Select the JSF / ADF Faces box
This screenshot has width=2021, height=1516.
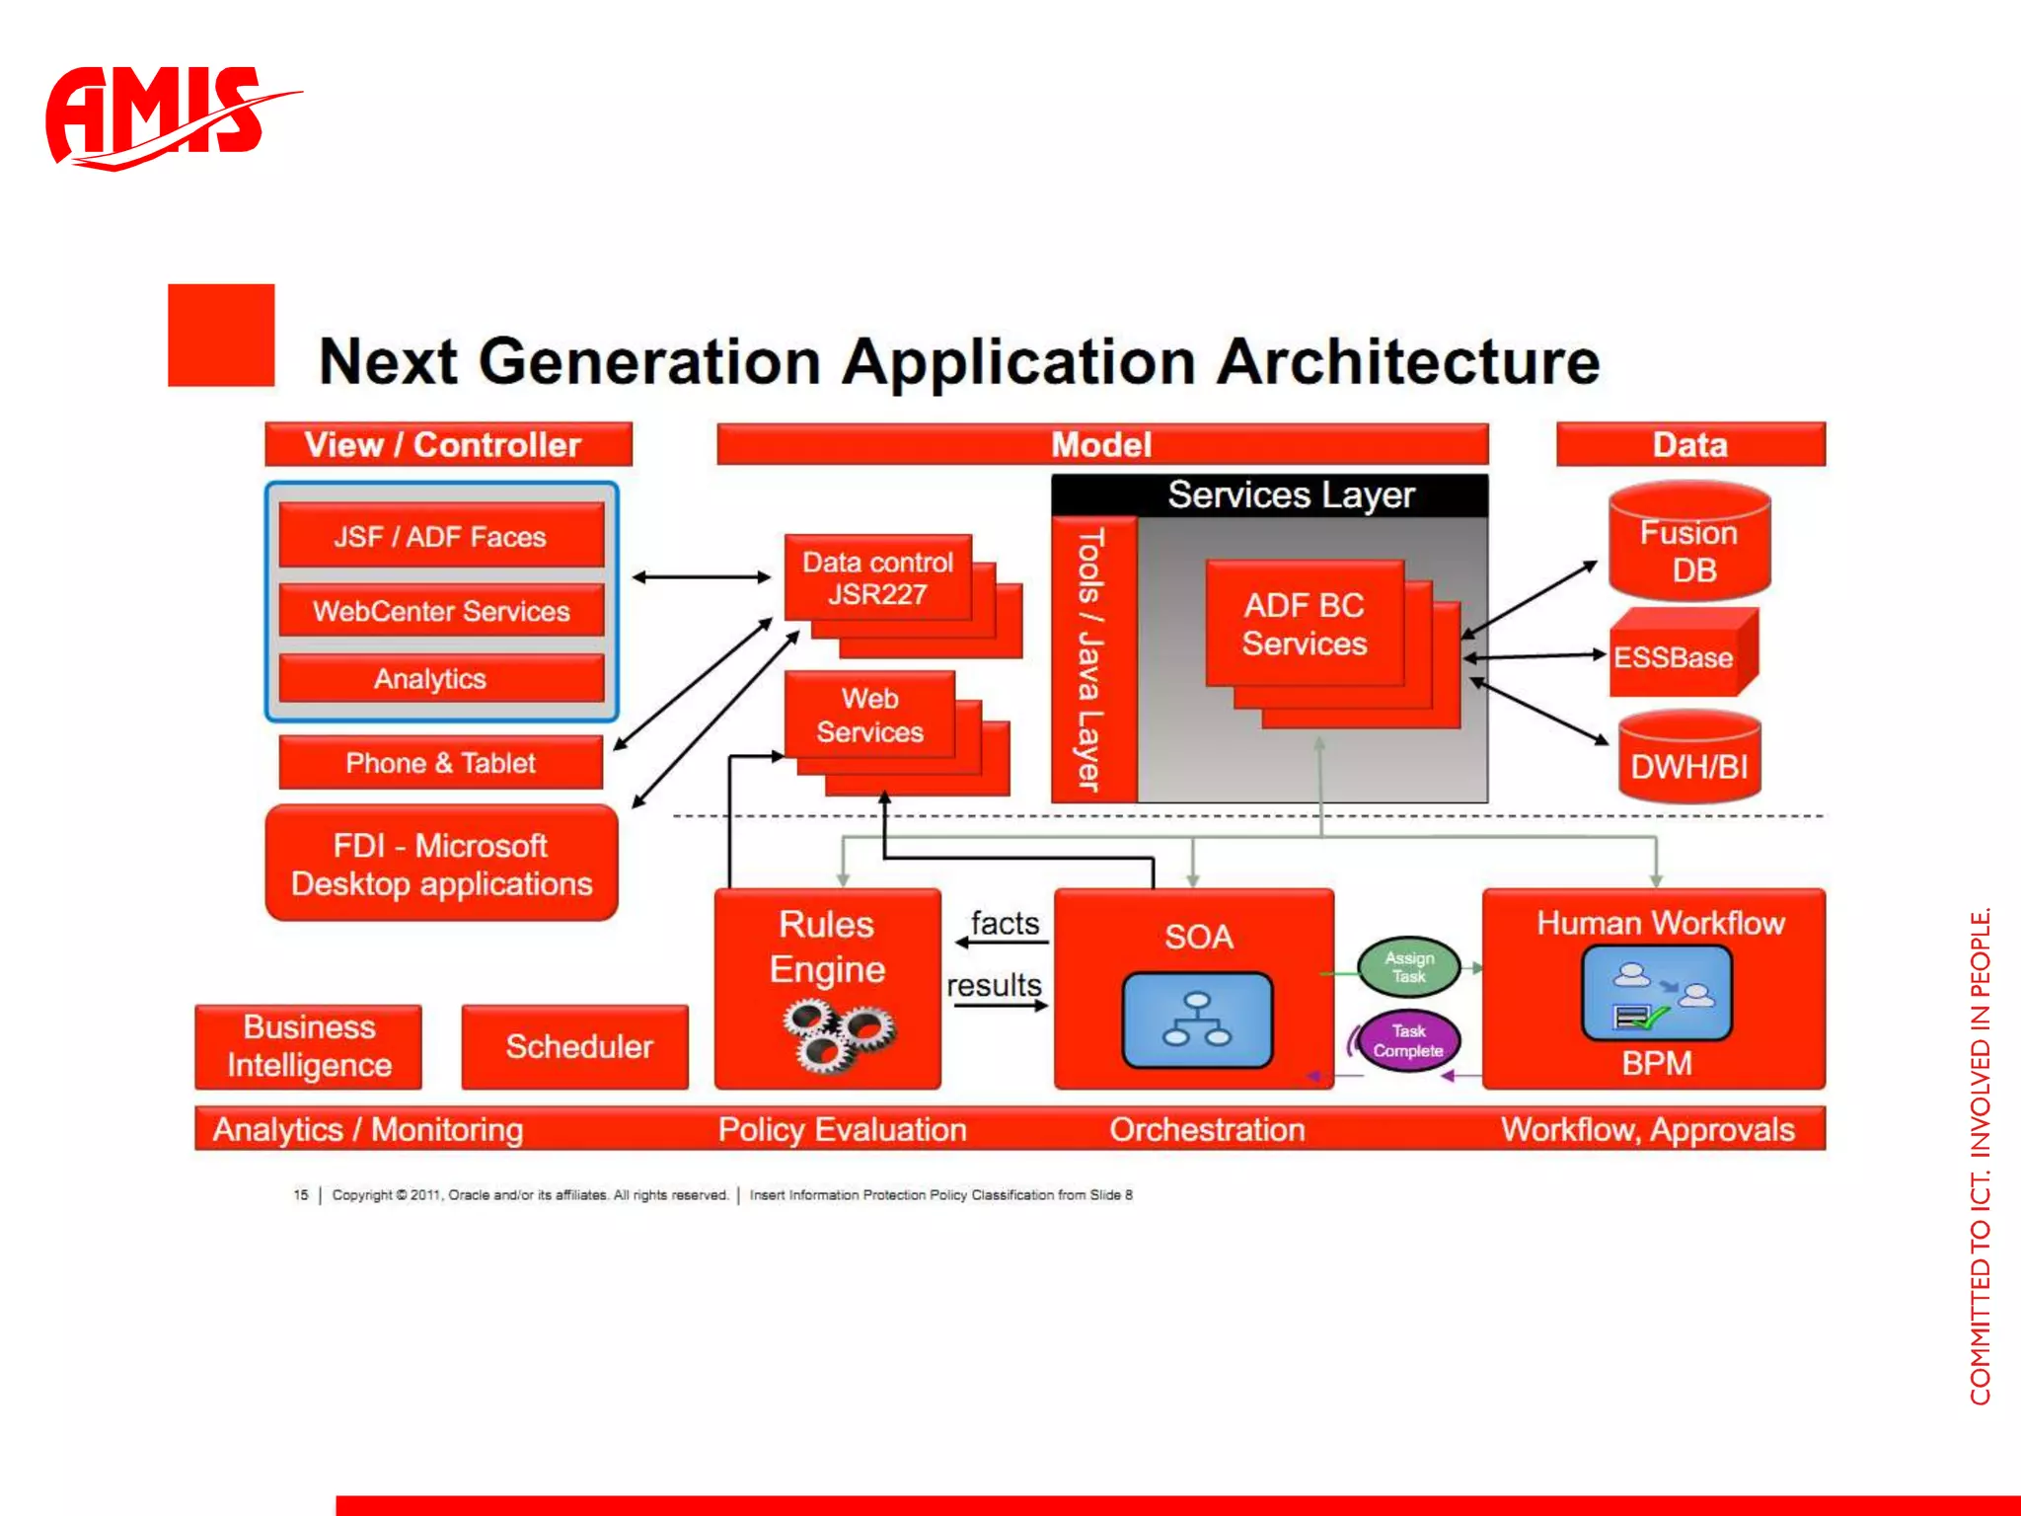pyautogui.click(x=440, y=536)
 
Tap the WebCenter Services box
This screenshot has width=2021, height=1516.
pyautogui.click(x=440, y=611)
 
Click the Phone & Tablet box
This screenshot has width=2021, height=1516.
pyautogui.click(x=440, y=763)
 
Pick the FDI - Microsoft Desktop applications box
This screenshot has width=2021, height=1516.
pyautogui.click(x=441, y=864)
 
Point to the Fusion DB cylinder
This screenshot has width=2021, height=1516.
pyautogui.click(x=1689, y=548)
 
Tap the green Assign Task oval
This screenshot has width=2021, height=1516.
pyautogui.click(x=1408, y=967)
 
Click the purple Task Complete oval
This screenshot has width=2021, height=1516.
pyautogui.click(x=1408, y=1041)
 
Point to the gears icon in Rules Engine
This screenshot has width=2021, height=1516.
pyautogui.click(x=837, y=1034)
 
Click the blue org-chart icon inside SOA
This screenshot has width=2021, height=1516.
pyautogui.click(x=1197, y=1020)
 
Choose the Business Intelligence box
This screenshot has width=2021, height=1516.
pyautogui.click(x=309, y=1046)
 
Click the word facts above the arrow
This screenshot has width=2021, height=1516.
pyautogui.click(x=1005, y=923)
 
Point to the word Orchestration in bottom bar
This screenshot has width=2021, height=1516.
pyautogui.click(x=1207, y=1129)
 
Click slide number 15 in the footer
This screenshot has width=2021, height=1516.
pyautogui.click(x=301, y=1195)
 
